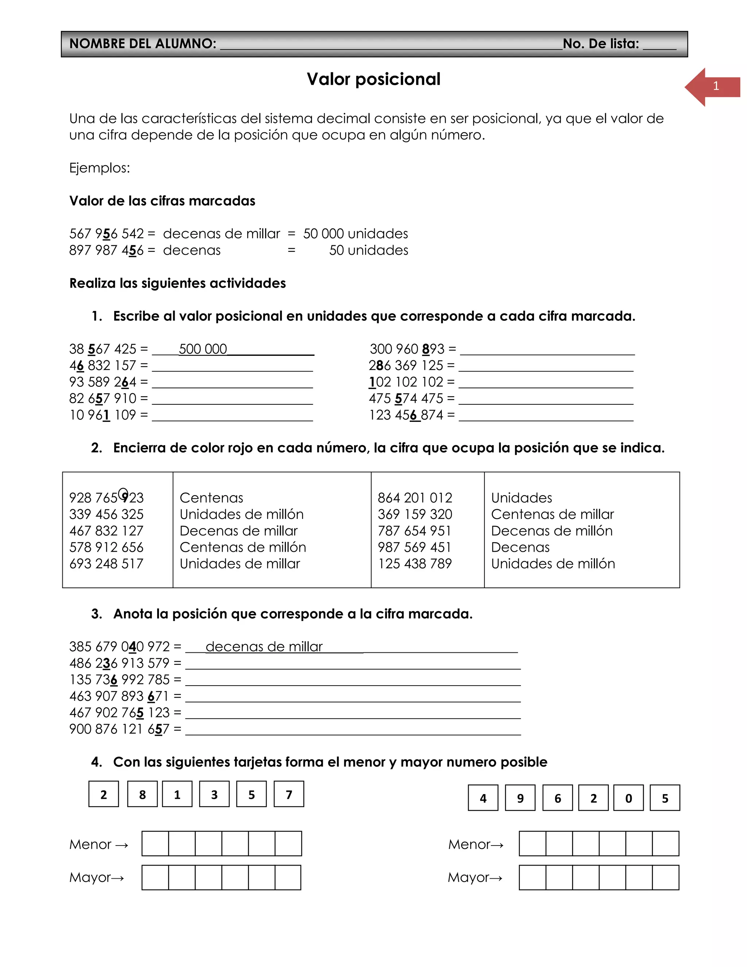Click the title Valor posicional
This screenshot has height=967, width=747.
click(x=373, y=79)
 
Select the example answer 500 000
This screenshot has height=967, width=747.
click(x=203, y=349)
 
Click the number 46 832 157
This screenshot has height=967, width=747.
click(x=102, y=366)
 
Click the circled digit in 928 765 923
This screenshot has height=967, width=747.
click(x=124, y=494)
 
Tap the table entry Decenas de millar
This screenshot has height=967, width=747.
click(x=239, y=531)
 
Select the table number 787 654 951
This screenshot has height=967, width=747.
click(x=414, y=531)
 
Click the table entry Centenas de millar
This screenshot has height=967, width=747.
click(x=552, y=515)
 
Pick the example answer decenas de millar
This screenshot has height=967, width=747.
click(x=264, y=647)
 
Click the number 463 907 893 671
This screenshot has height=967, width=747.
click(x=119, y=697)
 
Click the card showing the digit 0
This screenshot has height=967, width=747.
click(x=628, y=798)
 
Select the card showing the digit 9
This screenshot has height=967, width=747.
click(x=520, y=798)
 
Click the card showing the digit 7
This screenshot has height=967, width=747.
click(x=289, y=795)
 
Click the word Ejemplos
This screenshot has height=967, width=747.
click(x=100, y=168)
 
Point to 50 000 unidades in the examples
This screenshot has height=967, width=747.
click(x=355, y=234)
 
